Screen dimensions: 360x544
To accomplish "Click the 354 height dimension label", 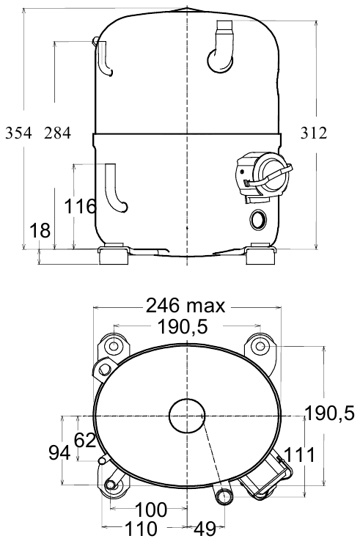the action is click(18, 133).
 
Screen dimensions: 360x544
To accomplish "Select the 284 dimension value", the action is click(57, 133).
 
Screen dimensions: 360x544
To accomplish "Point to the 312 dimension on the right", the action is click(314, 133).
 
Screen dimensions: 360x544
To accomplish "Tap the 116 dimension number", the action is click(80, 207).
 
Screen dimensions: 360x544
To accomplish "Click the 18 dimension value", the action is click(40, 230).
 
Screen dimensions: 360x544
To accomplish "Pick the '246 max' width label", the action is click(185, 306).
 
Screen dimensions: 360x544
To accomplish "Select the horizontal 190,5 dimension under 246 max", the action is click(183, 326).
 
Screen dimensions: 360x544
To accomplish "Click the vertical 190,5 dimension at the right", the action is click(329, 413).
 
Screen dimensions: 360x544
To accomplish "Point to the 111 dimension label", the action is click(300, 455).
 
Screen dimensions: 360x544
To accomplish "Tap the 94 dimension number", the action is click(59, 453).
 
